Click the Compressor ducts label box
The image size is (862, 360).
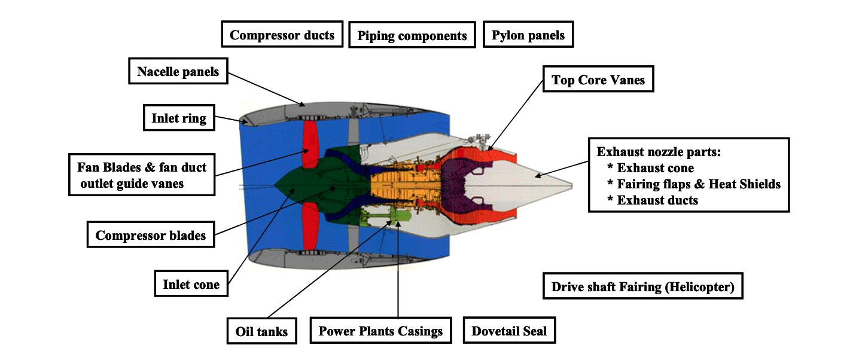point(282,35)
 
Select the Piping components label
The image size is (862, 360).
point(412,36)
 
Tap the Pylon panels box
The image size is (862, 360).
point(528,35)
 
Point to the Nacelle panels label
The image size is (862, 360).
point(178,72)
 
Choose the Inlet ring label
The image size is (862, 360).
point(178,118)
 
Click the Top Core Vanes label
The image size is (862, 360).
point(598,80)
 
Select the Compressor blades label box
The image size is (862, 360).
point(150,235)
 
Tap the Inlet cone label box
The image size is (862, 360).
point(191,284)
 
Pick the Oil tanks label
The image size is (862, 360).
point(262,331)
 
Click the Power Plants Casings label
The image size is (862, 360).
point(380,331)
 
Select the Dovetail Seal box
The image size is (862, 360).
point(509,331)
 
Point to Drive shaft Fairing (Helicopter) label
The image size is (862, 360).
point(642,286)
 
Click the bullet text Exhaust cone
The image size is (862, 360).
point(655,168)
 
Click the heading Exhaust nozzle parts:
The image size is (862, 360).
point(659,152)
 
